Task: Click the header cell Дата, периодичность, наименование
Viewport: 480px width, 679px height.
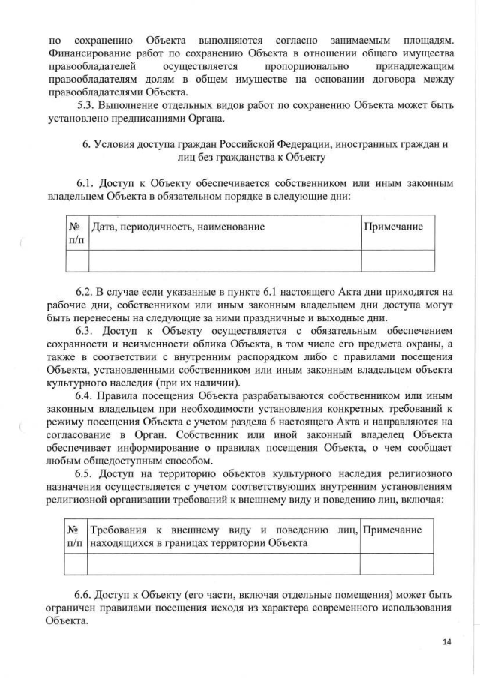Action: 178,227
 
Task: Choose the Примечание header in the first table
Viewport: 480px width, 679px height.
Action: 393,227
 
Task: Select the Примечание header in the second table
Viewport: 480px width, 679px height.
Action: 391,530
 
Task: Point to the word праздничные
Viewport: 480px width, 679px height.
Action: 294,318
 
